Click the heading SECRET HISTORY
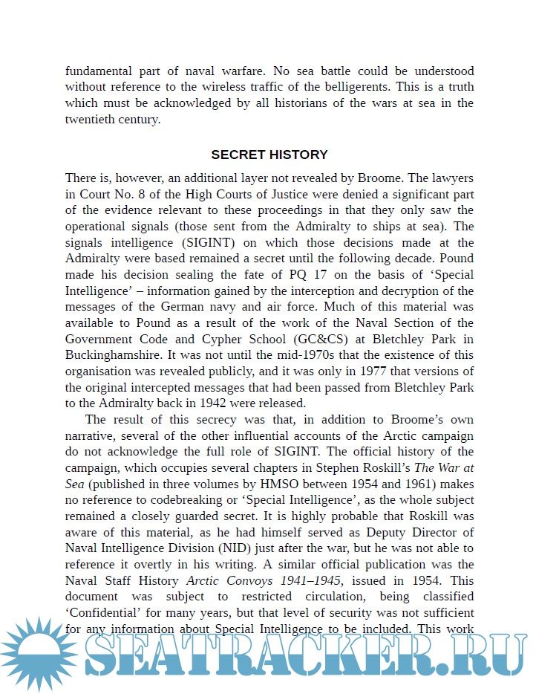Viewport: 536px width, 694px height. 269,155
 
